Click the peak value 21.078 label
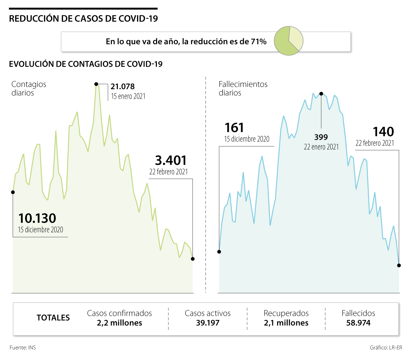pos(123,87)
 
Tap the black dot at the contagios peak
pos(96,84)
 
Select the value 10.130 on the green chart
pos(37,218)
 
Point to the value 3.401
pos(171,160)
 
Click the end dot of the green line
pos(192,259)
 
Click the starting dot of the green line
pos(13,192)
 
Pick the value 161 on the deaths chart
pos(234,128)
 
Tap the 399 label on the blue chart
pos(321,137)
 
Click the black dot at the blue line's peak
pos(321,93)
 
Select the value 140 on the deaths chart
pos(383,132)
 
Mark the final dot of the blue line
pos(399,266)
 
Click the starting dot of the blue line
pos(219,252)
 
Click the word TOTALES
pos(53,318)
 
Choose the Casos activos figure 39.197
pos(208,323)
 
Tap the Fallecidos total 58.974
pos(358,323)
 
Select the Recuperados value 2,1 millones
pos(286,323)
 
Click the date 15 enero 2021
pos(128,97)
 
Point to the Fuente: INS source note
pos(23,348)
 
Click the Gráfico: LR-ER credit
pos(386,348)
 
